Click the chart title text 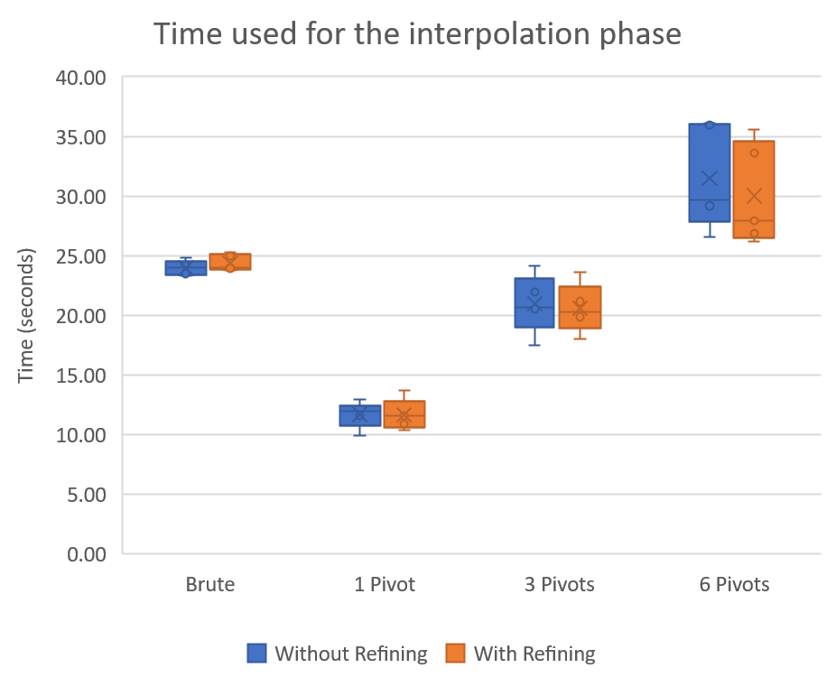tap(416, 34)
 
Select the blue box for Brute tap(185, 268)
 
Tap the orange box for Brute tap(230, 262)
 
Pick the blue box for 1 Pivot tap(359, 415)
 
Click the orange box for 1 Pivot tap(404, 414)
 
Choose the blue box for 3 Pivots tap(534, 302)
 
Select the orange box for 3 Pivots tap(580, 307)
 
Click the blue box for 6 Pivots tap(709, 172)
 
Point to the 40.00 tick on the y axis tap(81, 78)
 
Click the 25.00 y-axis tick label tap(81, 256)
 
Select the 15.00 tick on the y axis tap(81, 376)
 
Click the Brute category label tap(209, 585)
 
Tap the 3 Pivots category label tap(559, 585)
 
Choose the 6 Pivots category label tap(734, 585)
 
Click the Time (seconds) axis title tap(26, 316)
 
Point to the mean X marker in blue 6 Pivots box tap(710, 179)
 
